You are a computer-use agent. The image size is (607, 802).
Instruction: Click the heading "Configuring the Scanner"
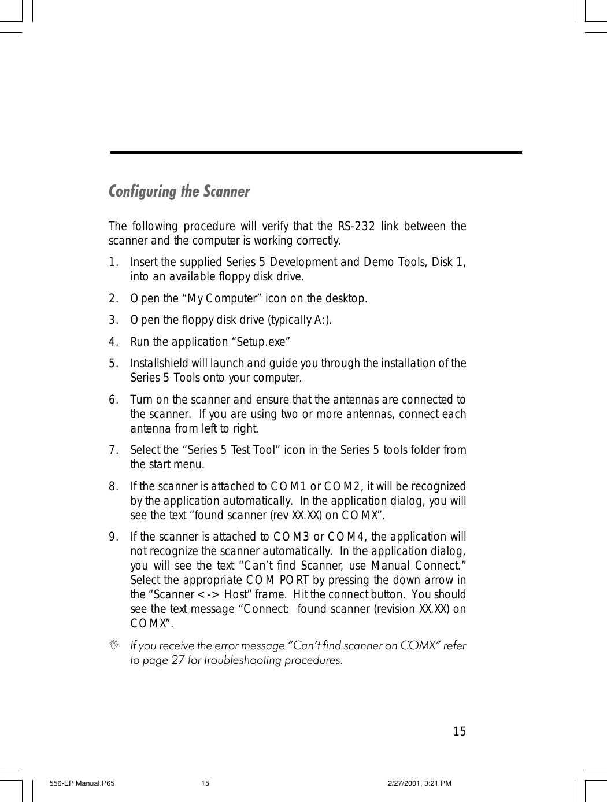179,191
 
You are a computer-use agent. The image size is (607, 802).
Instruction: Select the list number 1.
113,263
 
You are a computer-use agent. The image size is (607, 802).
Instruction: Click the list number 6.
113,400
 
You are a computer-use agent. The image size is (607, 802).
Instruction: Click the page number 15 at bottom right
459,732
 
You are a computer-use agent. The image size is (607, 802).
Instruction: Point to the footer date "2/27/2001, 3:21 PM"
419,783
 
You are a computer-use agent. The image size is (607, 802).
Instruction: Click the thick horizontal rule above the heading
316,153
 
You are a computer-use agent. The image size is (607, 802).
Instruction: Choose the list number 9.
113,537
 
